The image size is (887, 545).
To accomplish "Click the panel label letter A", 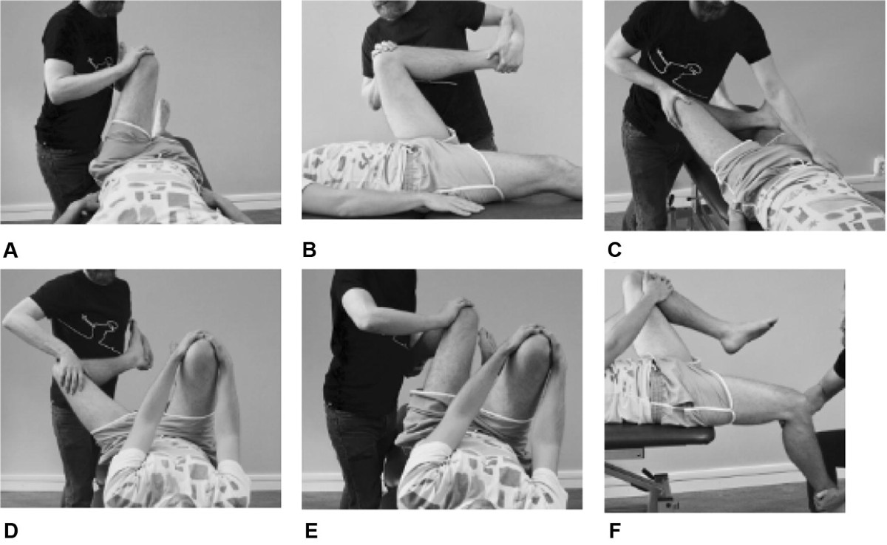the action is pyautogui.click(x=10, y=250).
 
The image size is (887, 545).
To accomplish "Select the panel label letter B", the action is pyautogui.click(x=309, y=250).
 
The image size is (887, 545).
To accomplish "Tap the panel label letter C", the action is pyautogui.click(x=614, y=250).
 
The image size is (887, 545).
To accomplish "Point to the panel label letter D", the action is pyautogui.click(x=10, y=531).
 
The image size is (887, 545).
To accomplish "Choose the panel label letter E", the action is pyautogui.click(x=311, y=531).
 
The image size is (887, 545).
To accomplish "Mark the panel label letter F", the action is pyautogui.click(x=614, y=531).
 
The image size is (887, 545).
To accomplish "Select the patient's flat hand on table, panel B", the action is pyautogui.click(x=452, y=204).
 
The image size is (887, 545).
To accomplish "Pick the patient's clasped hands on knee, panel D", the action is pyautogui.click(x=197, y=340).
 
